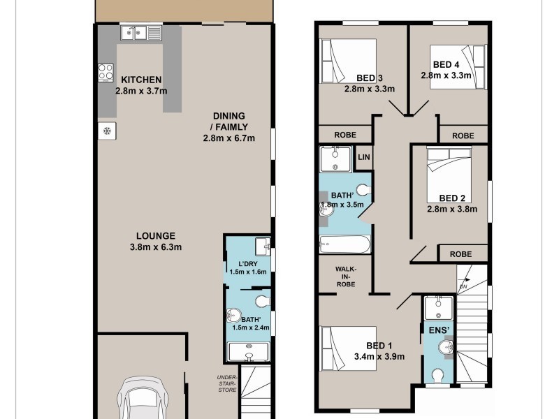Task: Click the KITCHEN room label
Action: click(142, 80)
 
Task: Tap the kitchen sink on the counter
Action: click(140, 32)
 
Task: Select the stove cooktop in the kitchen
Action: click(106, 72)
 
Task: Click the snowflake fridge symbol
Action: click(107, 131)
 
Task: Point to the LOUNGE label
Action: click(155, 236)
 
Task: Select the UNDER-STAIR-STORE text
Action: click(227, 384)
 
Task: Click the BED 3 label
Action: click(370, 78)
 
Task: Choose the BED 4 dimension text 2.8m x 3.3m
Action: click(447, 75)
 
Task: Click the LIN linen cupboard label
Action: click(363, 158)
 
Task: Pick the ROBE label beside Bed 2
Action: click(460, 254)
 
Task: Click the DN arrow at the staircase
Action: click(463, 284)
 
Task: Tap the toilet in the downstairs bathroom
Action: click(261, 302)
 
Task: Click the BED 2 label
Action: click(453, 198)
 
